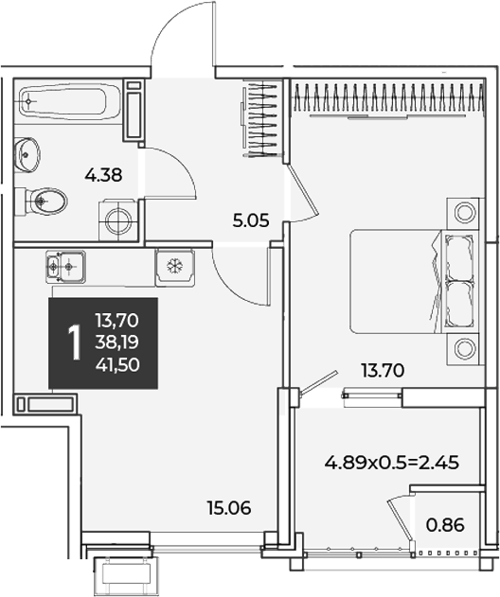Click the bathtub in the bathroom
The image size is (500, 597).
(x=70, y=101)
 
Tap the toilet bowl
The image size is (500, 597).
(x=42, y=201)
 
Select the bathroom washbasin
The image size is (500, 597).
(x=27, y=154)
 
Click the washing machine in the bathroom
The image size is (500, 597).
(x=118, y=220)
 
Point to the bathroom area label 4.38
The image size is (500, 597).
(x=103, y=176)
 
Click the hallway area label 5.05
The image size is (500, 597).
(x=251, y=220)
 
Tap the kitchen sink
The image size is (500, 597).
(x=65, y=267)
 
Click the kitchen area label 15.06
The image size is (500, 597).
(x=229, y=508)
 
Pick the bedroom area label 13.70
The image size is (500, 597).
(x=383, y=371)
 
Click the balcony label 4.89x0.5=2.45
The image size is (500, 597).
(x=392, y=463)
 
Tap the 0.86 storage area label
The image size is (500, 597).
(x=445, y=525)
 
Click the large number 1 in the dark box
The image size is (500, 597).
(x=74, y=342)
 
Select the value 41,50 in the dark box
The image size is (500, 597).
(x=117, y=365)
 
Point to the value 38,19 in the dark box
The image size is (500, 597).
(x=117, y=342)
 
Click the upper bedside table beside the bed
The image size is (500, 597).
(x=463, y=212)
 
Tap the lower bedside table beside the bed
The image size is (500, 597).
(x=463, y=349)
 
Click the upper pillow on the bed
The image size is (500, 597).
(x=459, y=257)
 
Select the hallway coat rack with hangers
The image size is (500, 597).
(x=263, y=120)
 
